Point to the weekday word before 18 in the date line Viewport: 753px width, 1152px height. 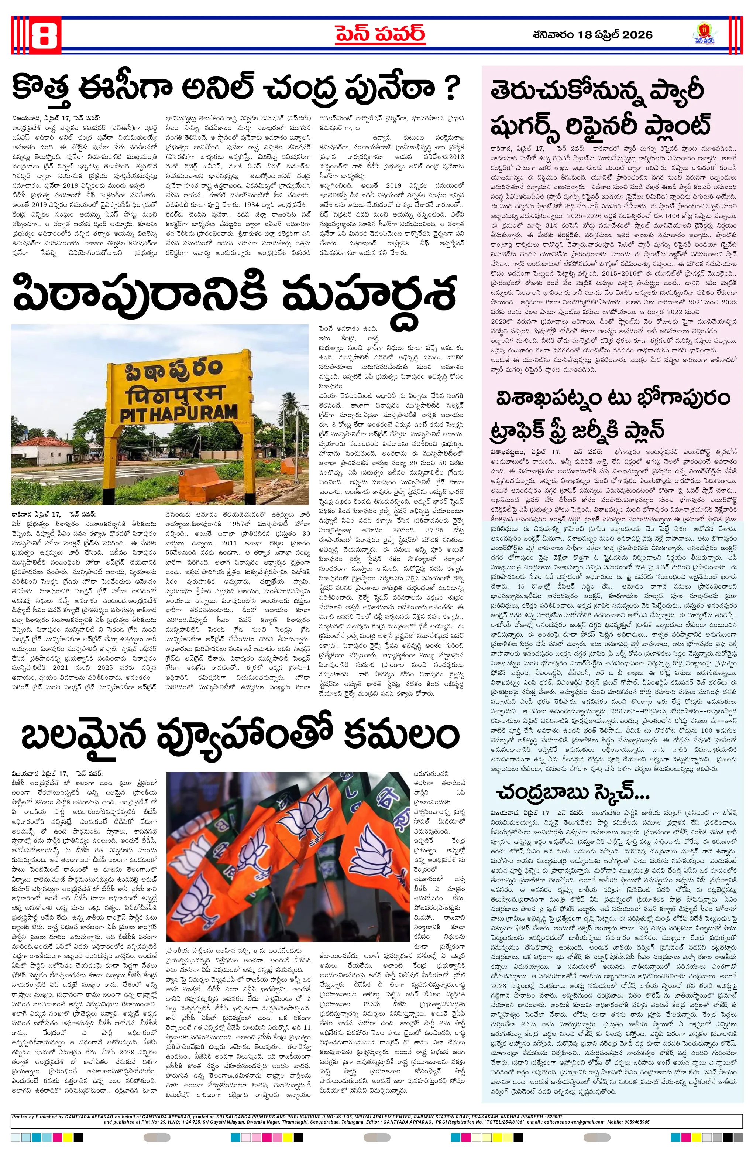pyautogui.click(x=551, y=35)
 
